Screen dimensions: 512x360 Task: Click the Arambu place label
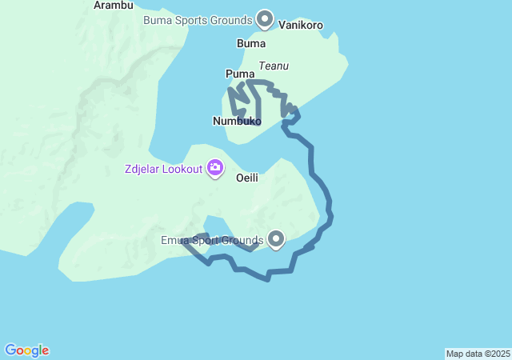[113, 5]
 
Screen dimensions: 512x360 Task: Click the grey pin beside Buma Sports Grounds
[265, 18]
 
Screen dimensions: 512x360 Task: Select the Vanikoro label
[301, 25]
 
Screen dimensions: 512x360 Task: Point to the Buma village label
[251, 43]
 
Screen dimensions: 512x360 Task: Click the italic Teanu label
[274, 66]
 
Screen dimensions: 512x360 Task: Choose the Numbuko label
[236, 121]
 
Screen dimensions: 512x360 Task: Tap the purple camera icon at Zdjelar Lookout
[215, 168]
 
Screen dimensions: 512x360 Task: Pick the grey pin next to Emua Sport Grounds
[276, 238]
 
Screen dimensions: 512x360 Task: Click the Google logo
[27, 350]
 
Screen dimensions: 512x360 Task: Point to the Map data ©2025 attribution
[478, 354]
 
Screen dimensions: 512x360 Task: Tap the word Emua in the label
[174, 240]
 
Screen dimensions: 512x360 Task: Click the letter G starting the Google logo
[10, 350]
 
